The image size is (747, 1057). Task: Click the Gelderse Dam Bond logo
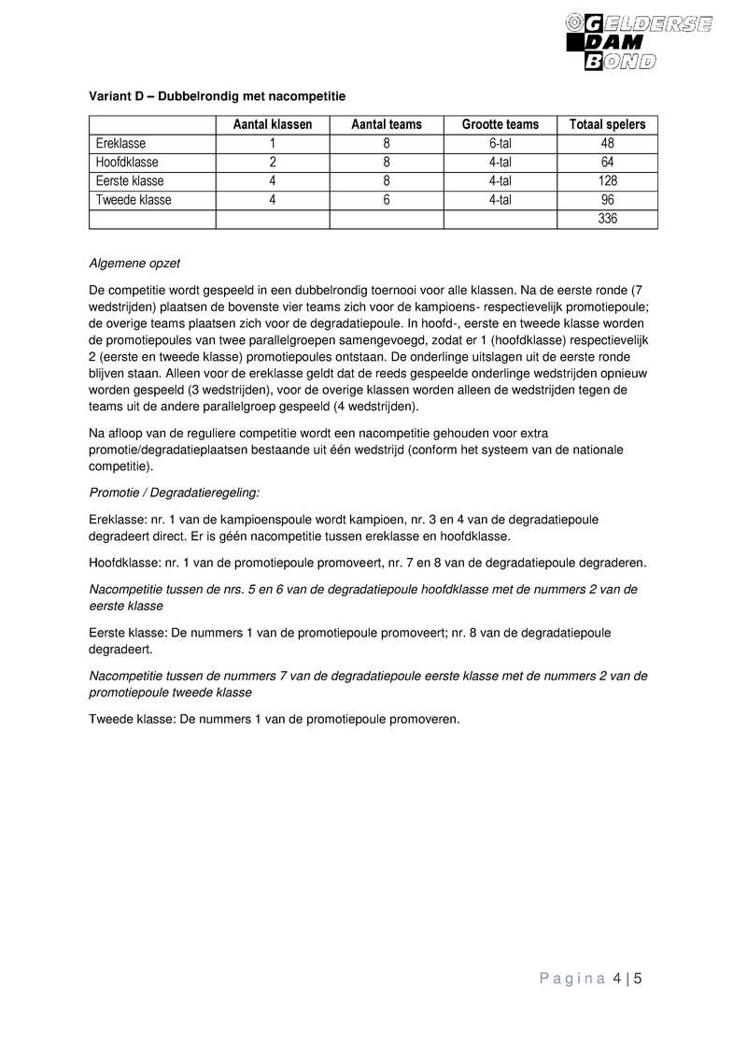(x=639, y=41)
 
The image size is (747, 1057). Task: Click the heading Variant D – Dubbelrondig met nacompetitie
(x=217, y=95)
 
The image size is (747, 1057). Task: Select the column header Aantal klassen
(x=272, y=125)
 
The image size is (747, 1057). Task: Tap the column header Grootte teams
(x=500, y=125)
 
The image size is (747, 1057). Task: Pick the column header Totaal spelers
(x=607, y=125)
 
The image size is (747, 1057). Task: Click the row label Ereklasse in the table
(x=120, y=144)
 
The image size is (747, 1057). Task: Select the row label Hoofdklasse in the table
(x=126, y=163)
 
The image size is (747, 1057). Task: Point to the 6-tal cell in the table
(x=500, y=144)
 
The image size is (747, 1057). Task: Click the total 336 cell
(x=607, y=220)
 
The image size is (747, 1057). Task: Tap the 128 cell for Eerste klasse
(x=607, y=181)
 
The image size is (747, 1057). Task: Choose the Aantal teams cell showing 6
(x=386, y=200)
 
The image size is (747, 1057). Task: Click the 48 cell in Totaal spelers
(x=607, y=144)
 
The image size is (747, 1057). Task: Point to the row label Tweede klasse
(x=134, y=200)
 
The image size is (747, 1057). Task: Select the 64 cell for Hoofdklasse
(x=607, y=163)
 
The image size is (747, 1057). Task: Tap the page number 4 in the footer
(x=617, y=979)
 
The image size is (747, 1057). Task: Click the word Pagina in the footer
(x=572, y=979)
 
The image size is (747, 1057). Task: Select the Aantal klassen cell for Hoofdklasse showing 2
(x=272, y=163)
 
